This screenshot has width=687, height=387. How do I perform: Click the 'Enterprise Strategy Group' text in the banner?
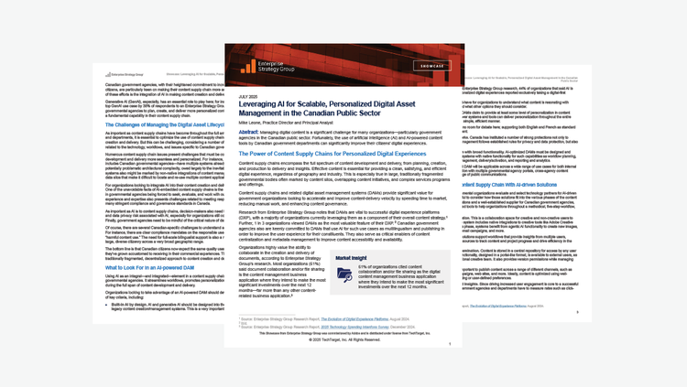click(x=278, y=65)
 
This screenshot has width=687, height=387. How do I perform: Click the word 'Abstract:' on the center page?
click(x=248, y=132)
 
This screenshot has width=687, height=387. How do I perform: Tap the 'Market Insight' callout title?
click(x=351, y=258)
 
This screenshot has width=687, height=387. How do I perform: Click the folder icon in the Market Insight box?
click(x=345, y=275)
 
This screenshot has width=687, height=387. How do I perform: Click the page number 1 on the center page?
click(x=449, y=345)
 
